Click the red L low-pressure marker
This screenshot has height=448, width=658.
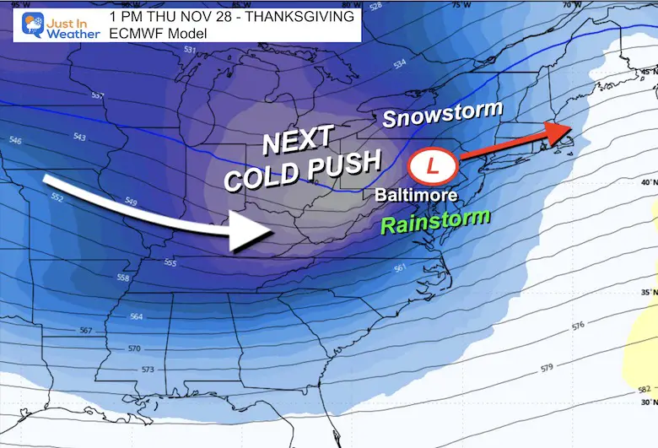[432, 165]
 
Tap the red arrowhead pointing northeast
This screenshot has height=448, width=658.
[559, 132]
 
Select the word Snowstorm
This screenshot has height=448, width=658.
[442, 114]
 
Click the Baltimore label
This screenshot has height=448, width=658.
[418, 195]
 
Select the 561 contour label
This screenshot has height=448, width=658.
[400, 268]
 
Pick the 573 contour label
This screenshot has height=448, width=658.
[149, 370]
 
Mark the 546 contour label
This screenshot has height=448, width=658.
[14, 142]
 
